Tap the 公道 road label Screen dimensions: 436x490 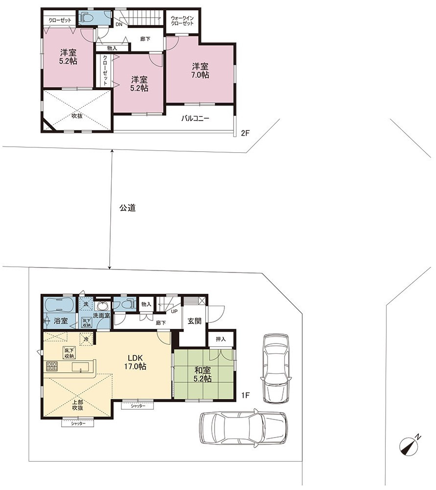(127, 208)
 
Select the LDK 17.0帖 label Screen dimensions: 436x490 (135, 362)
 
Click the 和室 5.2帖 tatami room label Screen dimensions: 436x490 (203, 375)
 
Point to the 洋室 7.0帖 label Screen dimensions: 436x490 (200, 71)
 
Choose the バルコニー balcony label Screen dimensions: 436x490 (195, 119)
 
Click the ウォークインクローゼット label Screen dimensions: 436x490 (182, 21)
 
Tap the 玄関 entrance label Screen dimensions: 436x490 (194, 321)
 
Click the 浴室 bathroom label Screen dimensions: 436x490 (61, 320)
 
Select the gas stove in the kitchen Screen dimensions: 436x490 (52, 366)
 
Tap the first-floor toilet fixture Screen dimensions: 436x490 (124, 304)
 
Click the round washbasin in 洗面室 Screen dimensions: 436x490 (102, 305)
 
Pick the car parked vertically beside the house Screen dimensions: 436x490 (276, 368)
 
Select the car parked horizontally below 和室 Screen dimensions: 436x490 (243, 427)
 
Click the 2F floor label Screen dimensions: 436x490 (245, 133)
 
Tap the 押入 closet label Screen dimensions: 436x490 (221, 339)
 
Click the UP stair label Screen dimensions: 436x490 (174, 311)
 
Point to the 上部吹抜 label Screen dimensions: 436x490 (77, 405)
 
